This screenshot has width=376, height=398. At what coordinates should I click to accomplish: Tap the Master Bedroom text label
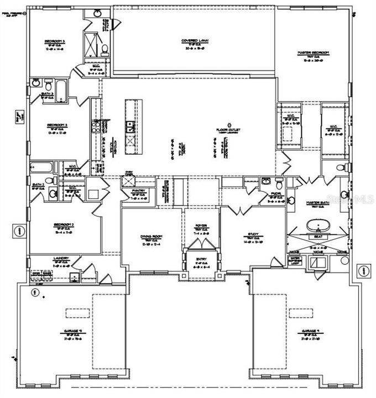coord(313,53)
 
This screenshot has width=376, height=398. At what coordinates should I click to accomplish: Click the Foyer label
coord(200,226)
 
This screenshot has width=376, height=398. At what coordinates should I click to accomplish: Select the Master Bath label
coord(318,203)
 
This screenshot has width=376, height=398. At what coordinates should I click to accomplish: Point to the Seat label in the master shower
coord(318,235)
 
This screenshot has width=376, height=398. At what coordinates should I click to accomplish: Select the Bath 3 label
coord(49,94)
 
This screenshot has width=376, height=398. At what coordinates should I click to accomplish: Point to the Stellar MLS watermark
coord(354,198)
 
